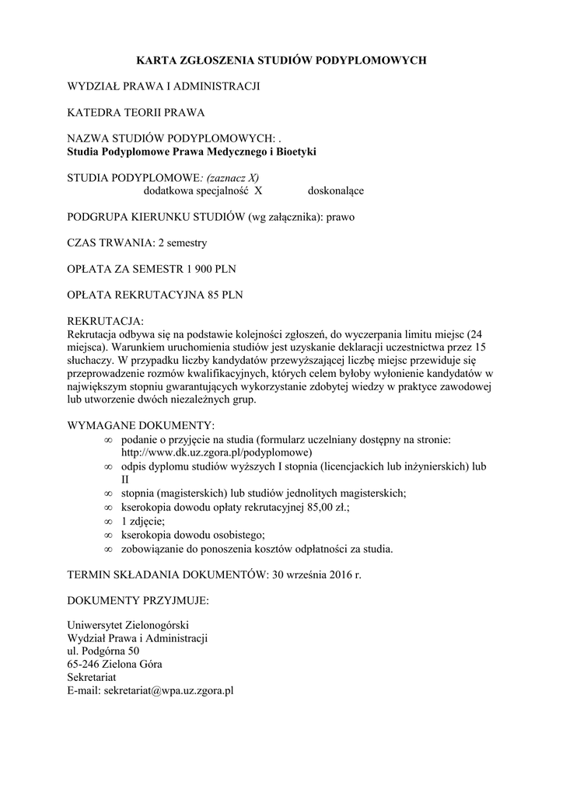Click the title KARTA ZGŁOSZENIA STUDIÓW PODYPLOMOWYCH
point(281,59)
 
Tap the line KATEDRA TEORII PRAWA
point(137,113)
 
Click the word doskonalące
point(336,190)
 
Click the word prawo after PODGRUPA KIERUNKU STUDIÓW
point(341,217)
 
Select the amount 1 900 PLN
point(206,270)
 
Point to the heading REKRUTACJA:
point(106,321)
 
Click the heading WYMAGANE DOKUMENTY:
point(141,426)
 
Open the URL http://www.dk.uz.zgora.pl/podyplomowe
point(216,452)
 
